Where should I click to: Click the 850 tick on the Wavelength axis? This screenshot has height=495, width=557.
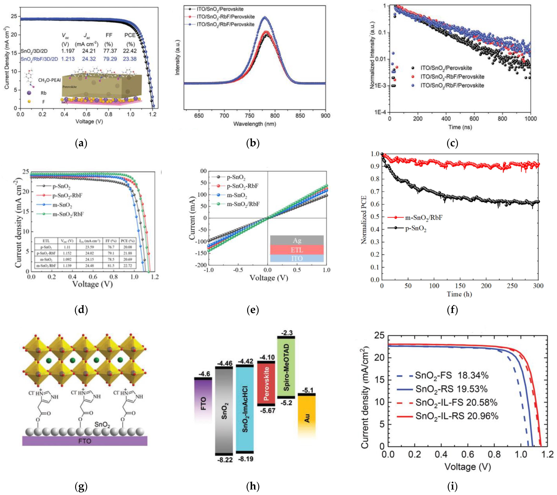300,116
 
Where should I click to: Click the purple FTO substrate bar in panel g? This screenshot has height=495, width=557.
85,441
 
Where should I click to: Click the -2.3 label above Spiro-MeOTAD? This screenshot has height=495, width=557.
286,333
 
